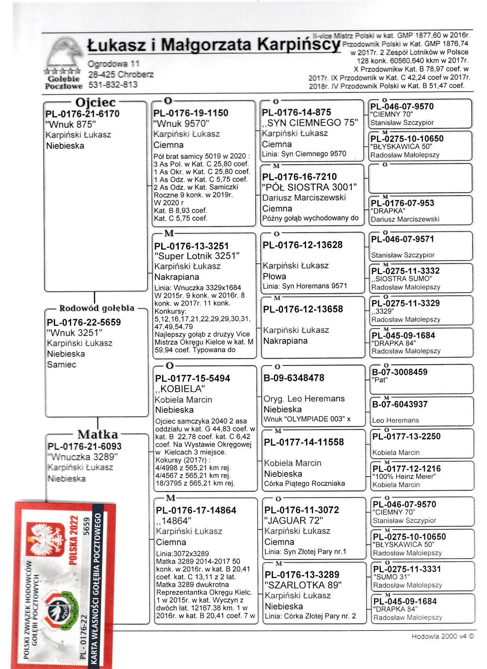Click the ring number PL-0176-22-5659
(84, 322)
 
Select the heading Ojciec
(95, 102)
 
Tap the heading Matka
(98, 435)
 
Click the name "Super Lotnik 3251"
(197, 256)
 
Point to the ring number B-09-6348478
(294, 378)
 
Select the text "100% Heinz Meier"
(404, 477)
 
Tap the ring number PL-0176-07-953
(403, 203)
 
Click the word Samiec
(61, 365)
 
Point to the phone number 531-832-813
(113, 84)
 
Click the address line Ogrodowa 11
(113, 64)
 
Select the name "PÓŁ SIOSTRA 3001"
(309, 187)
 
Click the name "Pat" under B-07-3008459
(379, 380)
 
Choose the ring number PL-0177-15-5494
(193, 378)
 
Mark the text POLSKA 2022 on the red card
(73, 540)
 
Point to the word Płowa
(274, 276)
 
